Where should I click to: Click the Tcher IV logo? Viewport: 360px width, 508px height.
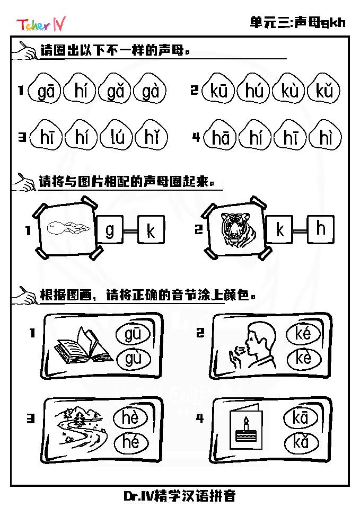click(x=41, y=24)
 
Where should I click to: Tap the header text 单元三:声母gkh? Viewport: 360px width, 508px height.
click(x=297, y=22)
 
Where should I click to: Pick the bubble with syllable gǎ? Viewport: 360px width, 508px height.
click(x=115, y=90)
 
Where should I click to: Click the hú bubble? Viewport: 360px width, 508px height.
click(x=254, y=89)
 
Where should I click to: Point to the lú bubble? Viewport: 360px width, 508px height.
click(x=117, y=136)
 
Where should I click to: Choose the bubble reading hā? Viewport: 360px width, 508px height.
click(x=220, y=136)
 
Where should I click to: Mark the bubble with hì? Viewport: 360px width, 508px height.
click(x=326, y=136)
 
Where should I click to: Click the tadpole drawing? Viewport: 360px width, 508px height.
click(x=68, y=227)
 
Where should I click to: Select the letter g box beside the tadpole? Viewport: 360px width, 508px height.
click(x=110, y=229)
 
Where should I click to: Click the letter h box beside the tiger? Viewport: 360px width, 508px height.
click(x=320, y=229)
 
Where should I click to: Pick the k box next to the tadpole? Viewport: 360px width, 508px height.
click(x=151, y=229)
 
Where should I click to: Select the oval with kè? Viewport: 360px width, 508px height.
click(x=304, y=358)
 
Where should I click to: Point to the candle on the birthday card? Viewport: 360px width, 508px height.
click(x=246, y=423)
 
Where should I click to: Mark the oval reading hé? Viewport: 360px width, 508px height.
click(x=131, y=442)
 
